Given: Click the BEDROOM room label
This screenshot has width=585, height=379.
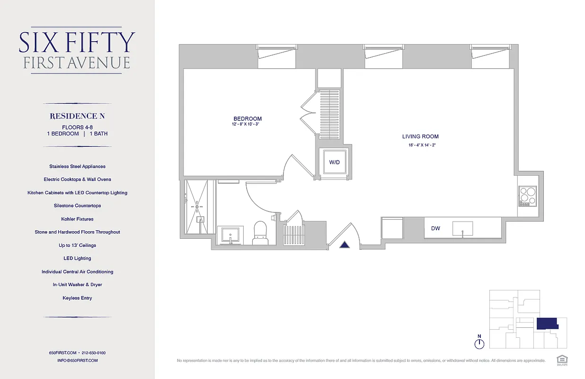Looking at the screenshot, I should pos(247,118).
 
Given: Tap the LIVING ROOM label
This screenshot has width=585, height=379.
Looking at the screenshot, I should pos(420,136).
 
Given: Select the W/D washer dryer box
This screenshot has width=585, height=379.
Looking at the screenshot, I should pos(335,162).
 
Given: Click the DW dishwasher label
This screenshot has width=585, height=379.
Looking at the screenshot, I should pos(435,228).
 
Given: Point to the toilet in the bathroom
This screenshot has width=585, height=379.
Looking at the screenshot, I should pos(260,233).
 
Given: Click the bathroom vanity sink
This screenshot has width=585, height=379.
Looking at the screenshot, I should pos(230,235).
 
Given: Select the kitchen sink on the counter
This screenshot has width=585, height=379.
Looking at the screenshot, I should pos(462,229).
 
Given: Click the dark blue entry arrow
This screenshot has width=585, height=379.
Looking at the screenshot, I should pos(345,244).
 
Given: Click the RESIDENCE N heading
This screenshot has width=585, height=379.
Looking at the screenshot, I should pos(77,116).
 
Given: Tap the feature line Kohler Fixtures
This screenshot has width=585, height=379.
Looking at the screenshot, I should pos(77,219).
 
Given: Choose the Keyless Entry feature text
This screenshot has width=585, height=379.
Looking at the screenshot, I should pos(77,298).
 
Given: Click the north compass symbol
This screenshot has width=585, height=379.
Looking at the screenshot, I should pos(479,342).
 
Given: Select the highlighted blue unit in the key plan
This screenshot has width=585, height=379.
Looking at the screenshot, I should pos(547,324).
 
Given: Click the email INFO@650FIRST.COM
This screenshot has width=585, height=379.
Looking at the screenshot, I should pos(77,361).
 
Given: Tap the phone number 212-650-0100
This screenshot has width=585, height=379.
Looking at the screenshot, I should pos(93,353).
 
